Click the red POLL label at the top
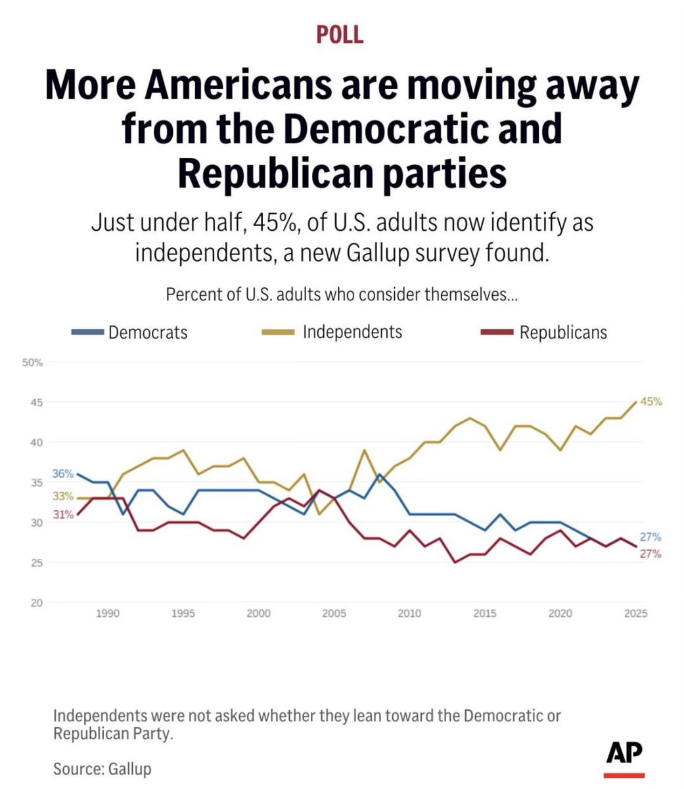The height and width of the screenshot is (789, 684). pyautogui.click(x=340, y=34)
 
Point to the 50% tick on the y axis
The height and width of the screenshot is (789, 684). pyautogui.click(x=32, y=362)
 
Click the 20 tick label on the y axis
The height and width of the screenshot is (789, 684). pyautogui.click(x=37, y=603)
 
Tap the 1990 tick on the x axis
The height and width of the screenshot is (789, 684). pyautogui.click(x=108, y=614)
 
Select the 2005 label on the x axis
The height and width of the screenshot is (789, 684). pyautogui.click(x=334, y=614)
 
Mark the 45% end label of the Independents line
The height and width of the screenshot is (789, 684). pyautogui.click(x=651, y=402)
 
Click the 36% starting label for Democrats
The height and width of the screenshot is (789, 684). pyautogui.click(x=63, y=474)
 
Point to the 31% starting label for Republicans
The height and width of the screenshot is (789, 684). pyautogui.click(x=63, y=515)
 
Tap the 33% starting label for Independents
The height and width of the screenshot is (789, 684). pyautogui.click(x=63, y=497)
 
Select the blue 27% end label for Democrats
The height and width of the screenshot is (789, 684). pyautogui.click(x=650, y=537)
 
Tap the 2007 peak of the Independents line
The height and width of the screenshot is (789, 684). pyautogui.click(x=365, y=450)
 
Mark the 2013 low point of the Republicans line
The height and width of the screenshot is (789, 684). pyautogui.click(x=455, y=562)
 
